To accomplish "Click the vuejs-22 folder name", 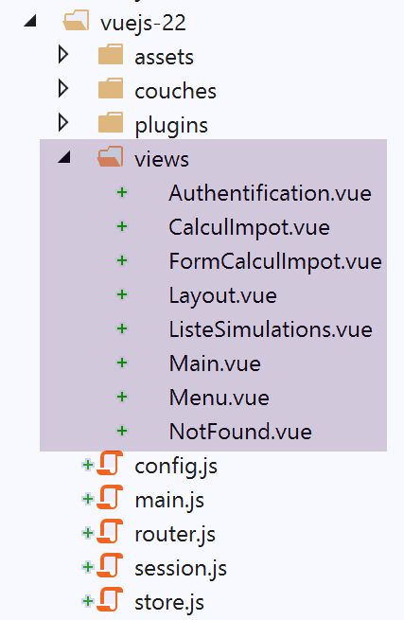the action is click(x=143, y=23).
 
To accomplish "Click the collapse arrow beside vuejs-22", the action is click(x=31, y=21).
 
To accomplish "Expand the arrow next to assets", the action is click(x=63, y=55).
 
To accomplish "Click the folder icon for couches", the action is click(x=111, y=89).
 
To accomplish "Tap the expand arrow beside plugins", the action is click(x=63, y=122).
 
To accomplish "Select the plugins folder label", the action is click(x=171, y=126).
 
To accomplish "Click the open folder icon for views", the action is click(x=111, y=156).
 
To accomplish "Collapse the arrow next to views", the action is click(x=65, y=157).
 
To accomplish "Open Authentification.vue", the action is click(x=270, y=193).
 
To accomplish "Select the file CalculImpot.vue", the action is click(x=249, y=228).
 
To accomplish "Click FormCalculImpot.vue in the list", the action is click(x=275, y=262).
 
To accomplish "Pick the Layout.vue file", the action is click(x=223, y=296).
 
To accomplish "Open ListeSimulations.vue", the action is click(x=271, y=329).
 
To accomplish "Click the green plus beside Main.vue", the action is click(x=122, y=363).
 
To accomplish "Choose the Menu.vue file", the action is click(x=219, y=398).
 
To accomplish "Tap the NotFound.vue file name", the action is click(x=240, y=432).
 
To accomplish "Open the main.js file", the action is click(x=169, y=501).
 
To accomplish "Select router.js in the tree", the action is click(x=175, y=535).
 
